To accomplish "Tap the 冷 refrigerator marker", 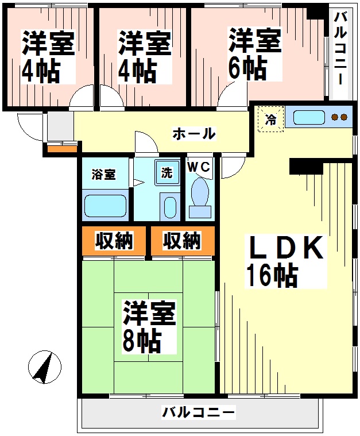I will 270,120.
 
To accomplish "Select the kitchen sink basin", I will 309,118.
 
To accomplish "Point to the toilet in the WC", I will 200,195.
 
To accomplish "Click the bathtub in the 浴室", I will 104,206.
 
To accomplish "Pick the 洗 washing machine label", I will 165,173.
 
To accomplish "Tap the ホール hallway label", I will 194,134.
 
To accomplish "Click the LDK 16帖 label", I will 284,261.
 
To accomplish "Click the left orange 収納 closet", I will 114,242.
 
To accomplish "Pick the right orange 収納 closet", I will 182,242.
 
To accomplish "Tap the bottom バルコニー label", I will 198,412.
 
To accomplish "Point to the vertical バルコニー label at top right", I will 340,49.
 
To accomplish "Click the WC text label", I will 199,165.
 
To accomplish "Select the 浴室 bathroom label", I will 103,174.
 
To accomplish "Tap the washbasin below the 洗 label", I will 170,207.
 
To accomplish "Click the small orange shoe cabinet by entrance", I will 61,150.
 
